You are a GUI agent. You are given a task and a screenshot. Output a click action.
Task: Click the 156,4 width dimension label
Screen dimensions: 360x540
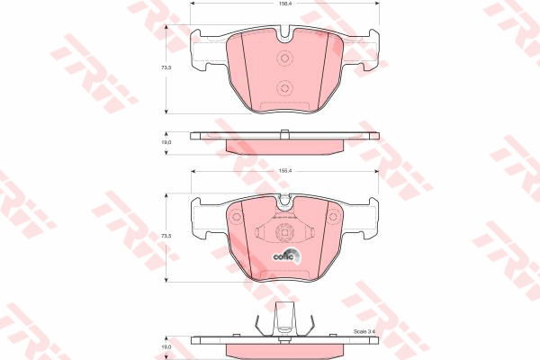tap(285, 5)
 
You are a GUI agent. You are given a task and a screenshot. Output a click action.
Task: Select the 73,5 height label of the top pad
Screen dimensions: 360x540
tap(166, 68)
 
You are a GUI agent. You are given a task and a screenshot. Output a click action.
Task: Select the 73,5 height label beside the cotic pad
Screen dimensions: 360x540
tap(166, 236)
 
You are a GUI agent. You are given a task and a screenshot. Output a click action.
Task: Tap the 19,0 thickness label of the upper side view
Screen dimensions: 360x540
tap(166, 141)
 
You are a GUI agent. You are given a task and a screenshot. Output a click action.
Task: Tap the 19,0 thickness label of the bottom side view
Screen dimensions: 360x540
tap(166, 346)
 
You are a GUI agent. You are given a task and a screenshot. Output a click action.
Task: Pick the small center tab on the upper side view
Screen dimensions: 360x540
tap(285, 135)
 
